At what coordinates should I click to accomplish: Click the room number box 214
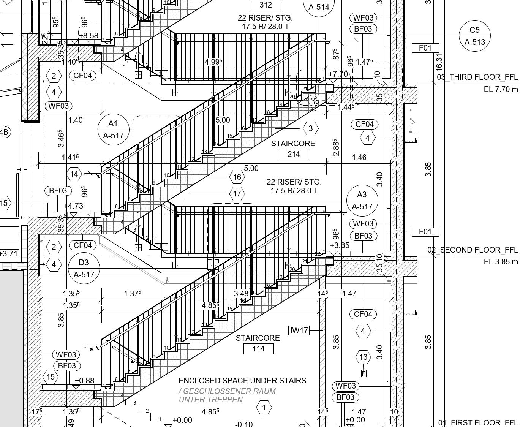pos(294,154)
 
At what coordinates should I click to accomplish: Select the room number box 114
pos(258,349)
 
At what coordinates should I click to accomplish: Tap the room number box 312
pos(266,5)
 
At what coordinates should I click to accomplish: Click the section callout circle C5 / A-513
pos(474,36)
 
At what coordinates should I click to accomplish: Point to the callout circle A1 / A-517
pos(113,129)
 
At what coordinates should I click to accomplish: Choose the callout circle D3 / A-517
pos(84,268)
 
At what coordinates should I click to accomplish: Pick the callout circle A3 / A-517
pos(362,201)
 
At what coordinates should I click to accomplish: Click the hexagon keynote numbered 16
pos(237,177)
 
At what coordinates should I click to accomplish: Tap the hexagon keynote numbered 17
pos(237,194)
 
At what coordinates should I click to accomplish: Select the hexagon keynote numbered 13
pos(364,357)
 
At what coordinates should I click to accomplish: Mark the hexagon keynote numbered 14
pos(74,174)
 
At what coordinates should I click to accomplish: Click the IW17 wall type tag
pos(299,331)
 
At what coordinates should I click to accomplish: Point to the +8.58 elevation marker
pos(88,36)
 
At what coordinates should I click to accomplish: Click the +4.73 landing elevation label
pos(73,206)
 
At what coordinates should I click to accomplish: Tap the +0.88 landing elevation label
pos(84,380)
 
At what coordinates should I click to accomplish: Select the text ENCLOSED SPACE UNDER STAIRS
pos(242,381)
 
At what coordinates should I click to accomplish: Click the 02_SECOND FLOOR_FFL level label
pos(473,250)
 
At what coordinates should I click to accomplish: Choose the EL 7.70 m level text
pos(501,89)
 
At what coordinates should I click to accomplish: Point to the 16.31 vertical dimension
pos(439,62)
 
